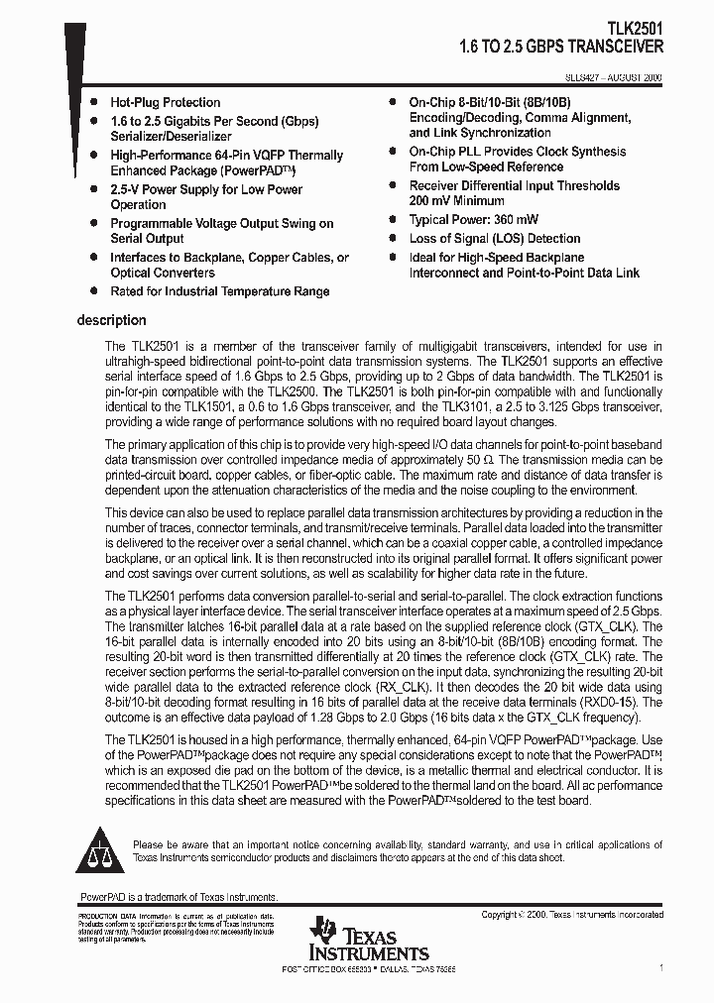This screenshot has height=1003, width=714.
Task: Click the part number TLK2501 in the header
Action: pos(635,30)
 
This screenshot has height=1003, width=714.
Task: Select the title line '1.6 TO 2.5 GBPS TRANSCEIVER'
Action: pos(561,47)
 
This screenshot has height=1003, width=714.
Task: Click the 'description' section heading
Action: pos(111,320)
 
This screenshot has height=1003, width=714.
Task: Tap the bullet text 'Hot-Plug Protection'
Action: pos(165,102)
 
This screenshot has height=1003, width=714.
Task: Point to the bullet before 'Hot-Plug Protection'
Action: pos(93,102)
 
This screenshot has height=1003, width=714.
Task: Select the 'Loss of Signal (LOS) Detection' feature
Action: pos(494,238)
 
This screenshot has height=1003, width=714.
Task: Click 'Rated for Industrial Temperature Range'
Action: pos(219,291)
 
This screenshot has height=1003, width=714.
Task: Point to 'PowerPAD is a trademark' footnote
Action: pos(178,896)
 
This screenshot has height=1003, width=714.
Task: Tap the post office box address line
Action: pos(369,967)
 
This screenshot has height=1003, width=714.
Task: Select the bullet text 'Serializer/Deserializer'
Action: pos(171,136)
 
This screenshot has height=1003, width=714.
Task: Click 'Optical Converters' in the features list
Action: pos(162,273)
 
